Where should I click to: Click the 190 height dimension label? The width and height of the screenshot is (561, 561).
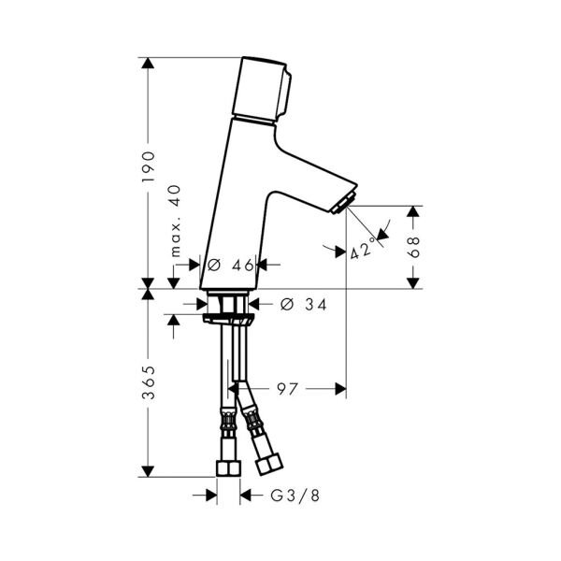click(x=149, y=166)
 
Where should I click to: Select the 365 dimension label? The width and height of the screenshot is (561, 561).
click(x=149, y=382)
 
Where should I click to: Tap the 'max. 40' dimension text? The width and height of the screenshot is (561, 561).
click(x=176, y=221)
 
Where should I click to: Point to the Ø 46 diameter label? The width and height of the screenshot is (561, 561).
click(x=231, y=266)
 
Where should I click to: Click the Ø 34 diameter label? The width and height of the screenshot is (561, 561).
click(x=303, y=305)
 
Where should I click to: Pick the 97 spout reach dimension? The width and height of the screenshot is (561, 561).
click(x=287, y=389)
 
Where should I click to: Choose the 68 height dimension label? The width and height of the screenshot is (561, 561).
click(x=413, y=247)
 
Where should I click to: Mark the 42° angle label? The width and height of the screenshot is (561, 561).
click(x=363, y=249)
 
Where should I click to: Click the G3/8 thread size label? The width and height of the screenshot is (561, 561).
click(x=295, y=496)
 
